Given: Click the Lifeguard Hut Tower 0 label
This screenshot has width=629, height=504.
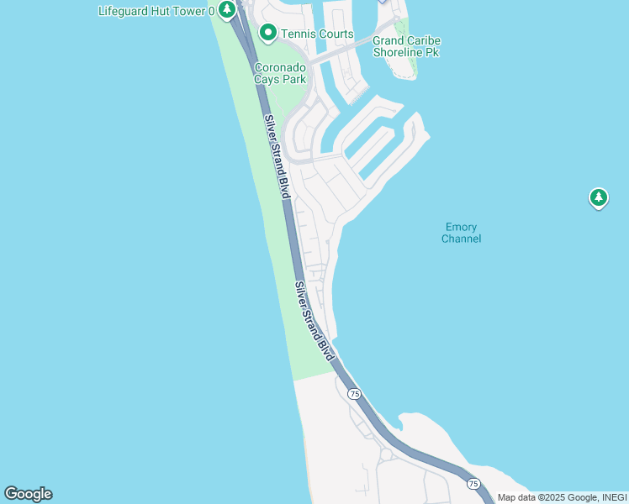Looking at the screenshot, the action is [x=156, y=12].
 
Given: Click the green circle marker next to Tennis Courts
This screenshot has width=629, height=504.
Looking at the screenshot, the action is [x=268, y=34].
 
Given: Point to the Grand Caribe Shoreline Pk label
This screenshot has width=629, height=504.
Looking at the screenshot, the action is [x=406, y=46].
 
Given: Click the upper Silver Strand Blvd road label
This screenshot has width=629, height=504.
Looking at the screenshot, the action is [x=277, y=157].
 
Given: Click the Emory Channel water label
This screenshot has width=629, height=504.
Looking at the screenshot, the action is [x=462, y=233].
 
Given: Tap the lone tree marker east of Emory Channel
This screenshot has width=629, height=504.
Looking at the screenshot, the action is [x=598, y=198].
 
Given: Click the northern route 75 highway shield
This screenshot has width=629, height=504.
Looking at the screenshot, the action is [x=354, y=394].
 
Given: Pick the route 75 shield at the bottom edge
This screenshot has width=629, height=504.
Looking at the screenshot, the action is [x=473, y=484].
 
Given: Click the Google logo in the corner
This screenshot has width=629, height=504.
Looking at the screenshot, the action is [x=28, y=494].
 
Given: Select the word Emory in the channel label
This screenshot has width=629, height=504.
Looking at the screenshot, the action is [x=461, y=227].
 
